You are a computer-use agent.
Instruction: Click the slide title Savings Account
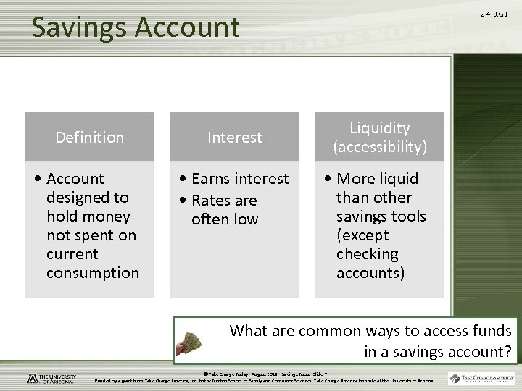tap(135, 28)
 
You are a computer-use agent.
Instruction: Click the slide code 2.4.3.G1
tap(495, 14)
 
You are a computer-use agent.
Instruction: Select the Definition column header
tap(90, 137)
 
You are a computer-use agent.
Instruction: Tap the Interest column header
tap(235, 137)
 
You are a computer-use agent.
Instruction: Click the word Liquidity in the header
tap(379, 128)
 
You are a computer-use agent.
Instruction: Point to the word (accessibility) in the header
tap(379, 147)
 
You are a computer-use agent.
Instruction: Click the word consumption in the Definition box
tap(92, 273)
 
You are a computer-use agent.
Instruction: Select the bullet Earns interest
tap(235, 179)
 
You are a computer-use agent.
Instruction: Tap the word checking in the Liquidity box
tap(367, 254)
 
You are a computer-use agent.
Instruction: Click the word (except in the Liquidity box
tap(362, 235)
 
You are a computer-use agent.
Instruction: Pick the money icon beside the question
tap(198, 340)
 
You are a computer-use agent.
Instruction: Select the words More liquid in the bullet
tap(378, 179)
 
